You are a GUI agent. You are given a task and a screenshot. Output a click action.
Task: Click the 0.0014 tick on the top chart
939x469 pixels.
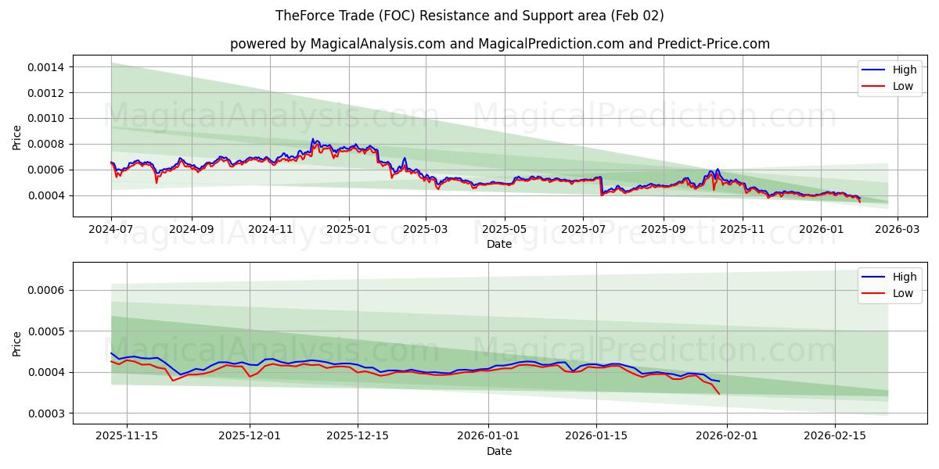pos(48,67)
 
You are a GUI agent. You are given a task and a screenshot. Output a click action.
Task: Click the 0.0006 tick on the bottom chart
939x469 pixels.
pos(48,290)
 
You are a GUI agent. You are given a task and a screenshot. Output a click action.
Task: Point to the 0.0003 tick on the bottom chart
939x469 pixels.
pos(48,413)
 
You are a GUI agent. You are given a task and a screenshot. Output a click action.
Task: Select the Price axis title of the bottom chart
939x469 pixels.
pos(17,342)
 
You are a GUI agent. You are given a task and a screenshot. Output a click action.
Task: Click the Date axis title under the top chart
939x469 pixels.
pos(498,244)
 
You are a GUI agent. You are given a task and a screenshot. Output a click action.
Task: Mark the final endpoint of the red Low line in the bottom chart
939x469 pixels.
pos(719,393)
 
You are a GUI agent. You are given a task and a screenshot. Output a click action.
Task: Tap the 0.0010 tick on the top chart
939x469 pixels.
pos(48,118)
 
